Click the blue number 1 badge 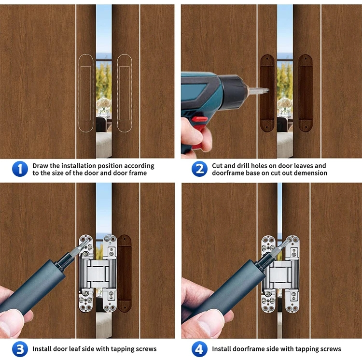20,169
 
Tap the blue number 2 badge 199,169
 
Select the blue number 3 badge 20,349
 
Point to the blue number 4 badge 199,349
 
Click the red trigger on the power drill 200,119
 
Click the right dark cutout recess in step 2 306,93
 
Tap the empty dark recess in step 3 125,273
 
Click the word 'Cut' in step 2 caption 217,166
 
